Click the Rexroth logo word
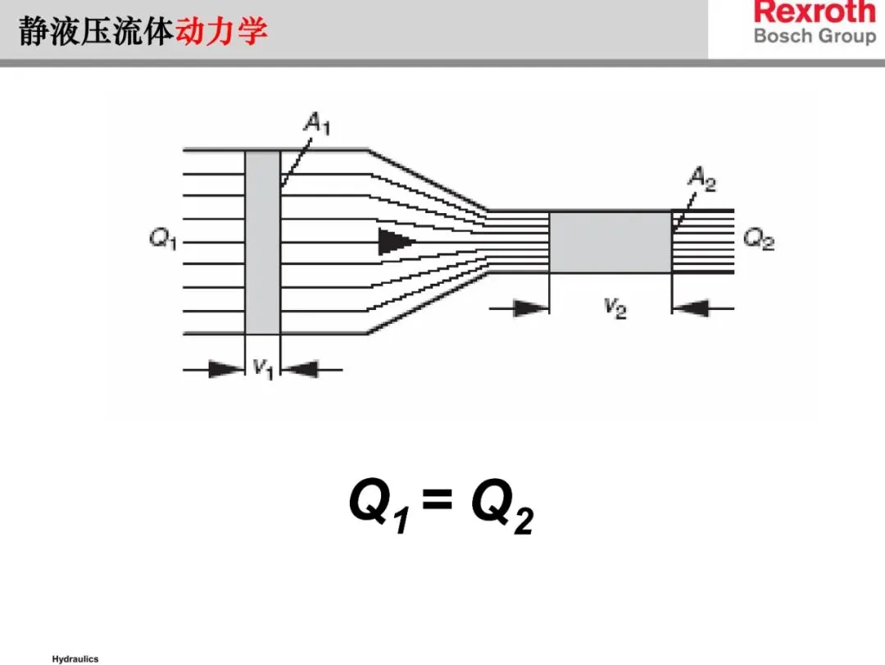(x=815, y=12)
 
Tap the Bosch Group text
(x=815, y=36)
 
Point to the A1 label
(x=316, y=124)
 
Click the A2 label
(x=701, y=178)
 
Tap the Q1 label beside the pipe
(x=163, y=240)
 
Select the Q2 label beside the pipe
(x=759, y=240)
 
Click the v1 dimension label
(x=262, y=368)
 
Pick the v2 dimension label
(x=615, y=307)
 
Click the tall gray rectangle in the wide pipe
(x=263, y=242)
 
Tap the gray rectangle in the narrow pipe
(x=610, y=242)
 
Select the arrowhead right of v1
(x=300, y=370)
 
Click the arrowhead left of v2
(x=531, y=308)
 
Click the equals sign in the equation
(x=438, y=498)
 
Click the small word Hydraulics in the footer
(x=75, y=658)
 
